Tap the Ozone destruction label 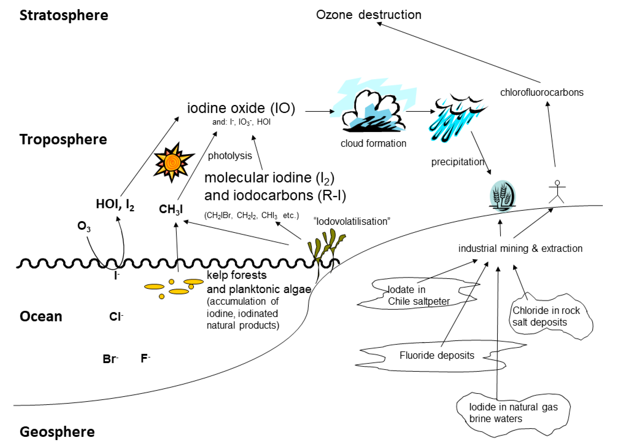click(368, 15)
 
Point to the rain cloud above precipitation click(458, 118)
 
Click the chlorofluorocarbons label click(542, 92)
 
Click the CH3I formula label click(171, 209)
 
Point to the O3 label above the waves click(84, 226)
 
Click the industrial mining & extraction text click(520, 248)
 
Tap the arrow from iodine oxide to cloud click(319, 111)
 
